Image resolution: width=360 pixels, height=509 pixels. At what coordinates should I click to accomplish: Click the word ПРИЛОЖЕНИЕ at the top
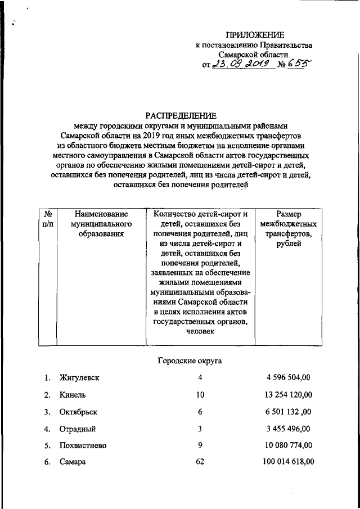255,35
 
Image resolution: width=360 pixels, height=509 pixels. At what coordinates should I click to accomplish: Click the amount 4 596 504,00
287,377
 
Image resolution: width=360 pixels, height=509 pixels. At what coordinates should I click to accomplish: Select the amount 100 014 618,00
288,463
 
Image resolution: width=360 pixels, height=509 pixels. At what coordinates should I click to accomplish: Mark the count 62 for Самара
200,463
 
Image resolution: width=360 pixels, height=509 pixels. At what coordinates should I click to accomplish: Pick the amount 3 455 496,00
287,429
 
